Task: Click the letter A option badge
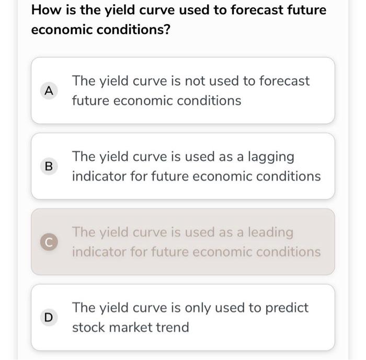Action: (x=49, y=91)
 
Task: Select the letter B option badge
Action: (x=49, y=167)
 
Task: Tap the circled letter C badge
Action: (x=49, y=242)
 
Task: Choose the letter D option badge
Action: (x=49, y=317)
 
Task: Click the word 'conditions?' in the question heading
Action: (x=139, y=29)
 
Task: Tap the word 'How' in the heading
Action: (x=44, y=10)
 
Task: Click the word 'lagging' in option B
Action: (x=269, y=157)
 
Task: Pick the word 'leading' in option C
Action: (x=270, y=232)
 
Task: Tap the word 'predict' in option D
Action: (x=287, y=308)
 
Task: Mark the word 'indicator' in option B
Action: (x=99, y=177)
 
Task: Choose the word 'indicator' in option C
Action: (x=99, y=252)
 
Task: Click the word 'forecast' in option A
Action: (x=284, y=81)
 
